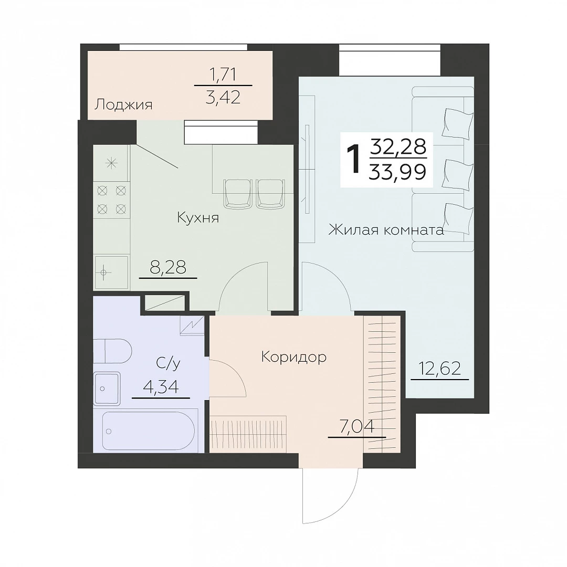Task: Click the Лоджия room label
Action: (123, 105)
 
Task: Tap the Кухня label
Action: (198, 218)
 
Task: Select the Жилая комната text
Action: (386, 229)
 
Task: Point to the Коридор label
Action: (293, 358)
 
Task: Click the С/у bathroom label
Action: (168, 363)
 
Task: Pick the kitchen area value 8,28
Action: (168, 268)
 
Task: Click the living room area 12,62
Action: (440, 369)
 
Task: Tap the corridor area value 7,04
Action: (356, 427)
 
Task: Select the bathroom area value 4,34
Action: (161, 387)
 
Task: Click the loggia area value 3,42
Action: (223, 97)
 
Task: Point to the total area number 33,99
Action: (397, 172)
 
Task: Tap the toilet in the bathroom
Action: (112, 351)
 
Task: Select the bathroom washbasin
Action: (107, 388)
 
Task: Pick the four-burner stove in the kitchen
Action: (112, 199)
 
